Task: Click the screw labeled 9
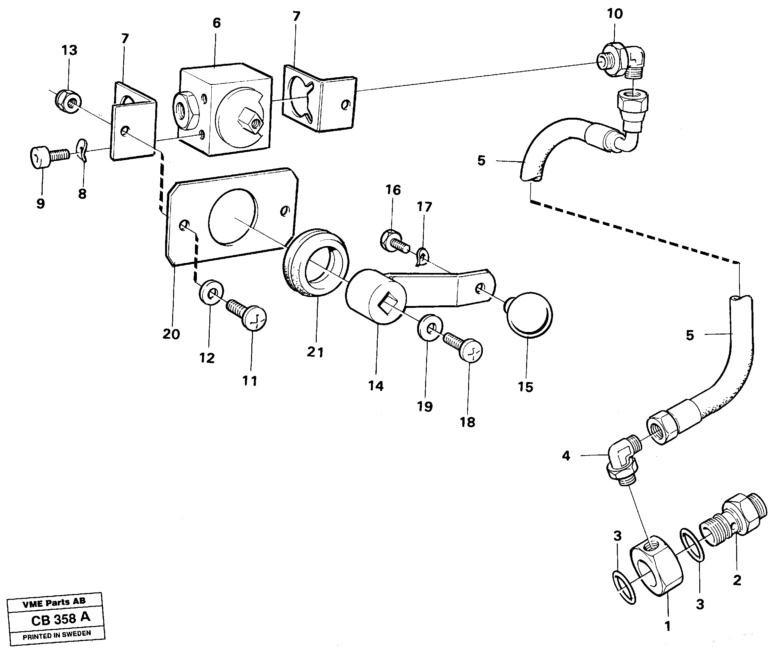48,157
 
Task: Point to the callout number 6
216,23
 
